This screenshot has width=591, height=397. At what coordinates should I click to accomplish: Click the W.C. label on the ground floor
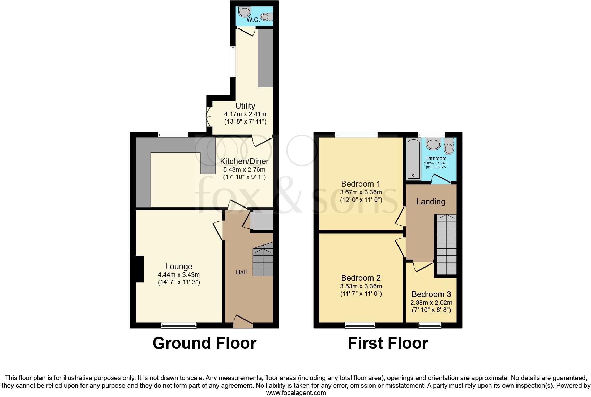coord(253,20)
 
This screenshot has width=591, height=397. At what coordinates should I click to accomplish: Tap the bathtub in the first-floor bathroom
coord(414,159)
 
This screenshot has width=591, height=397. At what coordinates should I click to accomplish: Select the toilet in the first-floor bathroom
coord(449,146)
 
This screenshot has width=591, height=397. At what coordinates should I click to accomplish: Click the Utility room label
coord(245,106)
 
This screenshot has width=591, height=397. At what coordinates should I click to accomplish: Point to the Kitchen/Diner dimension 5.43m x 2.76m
coord(244,170)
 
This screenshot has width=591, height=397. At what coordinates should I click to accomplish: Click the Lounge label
coord(179,267)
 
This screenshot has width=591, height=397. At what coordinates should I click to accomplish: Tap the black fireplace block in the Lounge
coord(139,269)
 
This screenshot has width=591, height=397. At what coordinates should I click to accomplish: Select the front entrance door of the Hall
coord(243,322)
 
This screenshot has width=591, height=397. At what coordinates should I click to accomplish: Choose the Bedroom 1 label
coord(361,184)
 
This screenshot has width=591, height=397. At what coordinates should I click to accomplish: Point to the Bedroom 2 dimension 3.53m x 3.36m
coord(361,286)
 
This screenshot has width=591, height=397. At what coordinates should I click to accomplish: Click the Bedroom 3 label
coord(431,294)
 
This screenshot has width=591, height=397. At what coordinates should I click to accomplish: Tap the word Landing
coord(431,202)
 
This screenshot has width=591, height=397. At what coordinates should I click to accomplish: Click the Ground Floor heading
coord(204,343)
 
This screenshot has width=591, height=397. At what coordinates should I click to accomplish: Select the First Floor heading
coord(388,343)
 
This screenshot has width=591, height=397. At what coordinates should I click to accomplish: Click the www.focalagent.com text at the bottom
coord(296,393)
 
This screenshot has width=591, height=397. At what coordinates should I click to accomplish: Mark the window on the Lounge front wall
coord(179,325)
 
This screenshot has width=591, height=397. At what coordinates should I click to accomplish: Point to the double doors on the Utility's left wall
coord(208,116)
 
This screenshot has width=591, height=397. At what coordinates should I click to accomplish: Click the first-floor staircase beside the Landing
coord(446,245)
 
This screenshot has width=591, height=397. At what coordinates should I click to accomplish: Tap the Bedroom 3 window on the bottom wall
coord(430,325)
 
